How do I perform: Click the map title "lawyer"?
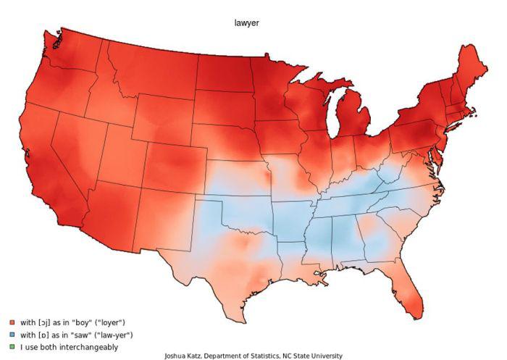click(x=246, y=23)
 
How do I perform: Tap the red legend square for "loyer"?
click(x=12, y=322)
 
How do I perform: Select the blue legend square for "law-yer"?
click(x=12, y=335)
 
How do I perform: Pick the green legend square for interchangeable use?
click(x=12, y=347)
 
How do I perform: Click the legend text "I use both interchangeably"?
click(x=69, y=347)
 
